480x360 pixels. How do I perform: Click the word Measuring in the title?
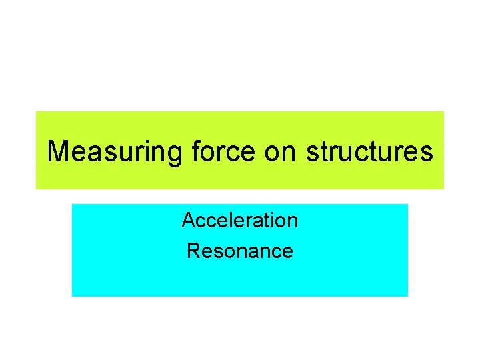[113, 152]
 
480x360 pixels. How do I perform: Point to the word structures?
[369, 152]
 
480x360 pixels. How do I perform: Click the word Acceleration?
[240, 219]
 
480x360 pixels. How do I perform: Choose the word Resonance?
[240, 251]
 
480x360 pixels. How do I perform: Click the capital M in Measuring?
[59, 152]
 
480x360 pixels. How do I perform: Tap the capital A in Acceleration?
[188, 219]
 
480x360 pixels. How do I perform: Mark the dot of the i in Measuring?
[147, 141]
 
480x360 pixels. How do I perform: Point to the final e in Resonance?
[287, 252]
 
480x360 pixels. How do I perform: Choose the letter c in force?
[234, 153]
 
